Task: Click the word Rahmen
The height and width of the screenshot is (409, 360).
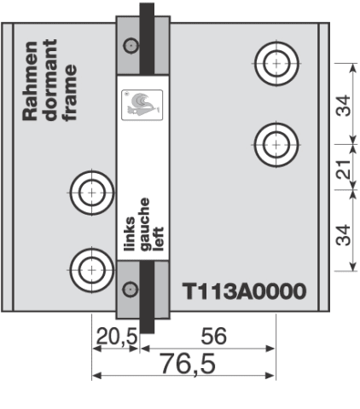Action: point(30,81)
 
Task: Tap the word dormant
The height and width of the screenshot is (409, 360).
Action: point(50,80)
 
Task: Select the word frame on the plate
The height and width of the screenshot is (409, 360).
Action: point(70,93)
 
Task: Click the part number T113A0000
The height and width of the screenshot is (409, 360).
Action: point(244,291)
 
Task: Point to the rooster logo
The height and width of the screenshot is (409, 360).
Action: point(142,105)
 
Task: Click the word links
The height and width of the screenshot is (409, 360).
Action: point(130,234)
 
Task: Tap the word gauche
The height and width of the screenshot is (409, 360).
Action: point(145,224)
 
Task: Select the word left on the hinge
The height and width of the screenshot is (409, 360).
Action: point(159,239)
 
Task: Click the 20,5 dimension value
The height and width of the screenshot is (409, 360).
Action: point(117,337)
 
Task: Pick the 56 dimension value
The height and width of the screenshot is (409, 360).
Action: point(214,336)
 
